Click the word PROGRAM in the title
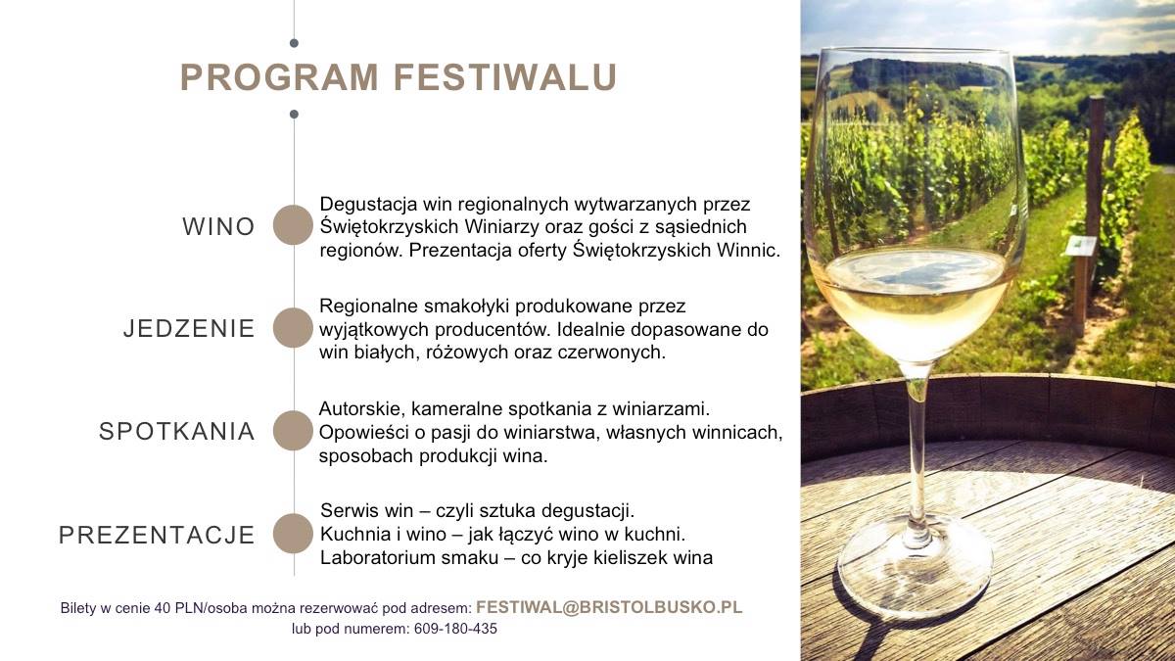[x=279, y=77]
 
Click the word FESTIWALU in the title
[x=504, y=77]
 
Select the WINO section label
[x=218, y=226]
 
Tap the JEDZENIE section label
[x=189, y=328]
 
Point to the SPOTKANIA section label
[x=177, y=431]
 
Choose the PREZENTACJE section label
[x=157, y=535]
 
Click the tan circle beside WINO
[x=293, y=225]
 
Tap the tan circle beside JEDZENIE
[x=293, y=328]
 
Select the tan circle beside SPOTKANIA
[x=293, y=431]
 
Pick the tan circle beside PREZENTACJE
[x=293, y=534]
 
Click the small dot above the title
[x=294, y=43]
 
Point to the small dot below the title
[x=294, y=114]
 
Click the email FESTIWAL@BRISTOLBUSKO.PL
[x=609, y=607]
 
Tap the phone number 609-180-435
[x=455, y=629]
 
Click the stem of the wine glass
[x=916, y=451]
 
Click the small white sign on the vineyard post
[x=1081, y=246]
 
